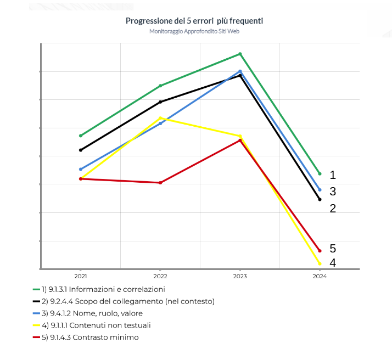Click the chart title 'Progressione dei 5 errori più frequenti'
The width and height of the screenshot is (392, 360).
[194, 21]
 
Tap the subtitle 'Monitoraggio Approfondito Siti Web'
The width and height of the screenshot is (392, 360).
[194, 31]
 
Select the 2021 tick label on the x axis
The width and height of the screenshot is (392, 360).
[81, 277]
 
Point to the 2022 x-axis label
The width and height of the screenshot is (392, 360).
[160, 277]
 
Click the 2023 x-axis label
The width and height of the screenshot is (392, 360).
[240, 277]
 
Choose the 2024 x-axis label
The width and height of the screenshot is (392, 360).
[320, 277]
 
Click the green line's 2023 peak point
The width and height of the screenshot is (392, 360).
[240, 54]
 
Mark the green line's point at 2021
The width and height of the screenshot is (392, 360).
[81, 136]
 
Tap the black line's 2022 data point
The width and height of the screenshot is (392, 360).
[160, 102]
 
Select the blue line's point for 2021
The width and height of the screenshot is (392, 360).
[81, 169]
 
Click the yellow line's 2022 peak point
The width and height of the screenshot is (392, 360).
[160, 118]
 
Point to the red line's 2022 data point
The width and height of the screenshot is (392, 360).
[160, 183]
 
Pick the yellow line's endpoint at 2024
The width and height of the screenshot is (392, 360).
[320, 264]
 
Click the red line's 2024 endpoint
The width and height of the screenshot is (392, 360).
[320, 251]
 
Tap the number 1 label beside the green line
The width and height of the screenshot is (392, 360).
[333, 175]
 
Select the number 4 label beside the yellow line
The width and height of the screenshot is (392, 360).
[333, 263]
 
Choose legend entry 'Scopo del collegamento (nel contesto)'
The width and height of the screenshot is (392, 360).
[132, 301]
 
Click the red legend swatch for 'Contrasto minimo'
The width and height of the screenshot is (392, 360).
[37, 337]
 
